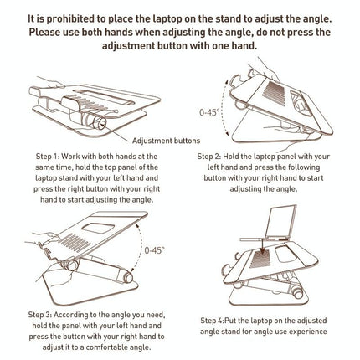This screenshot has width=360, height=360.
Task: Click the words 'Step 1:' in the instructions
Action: click(49, 156)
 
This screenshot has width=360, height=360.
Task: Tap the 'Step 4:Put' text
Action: click(219, 319)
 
